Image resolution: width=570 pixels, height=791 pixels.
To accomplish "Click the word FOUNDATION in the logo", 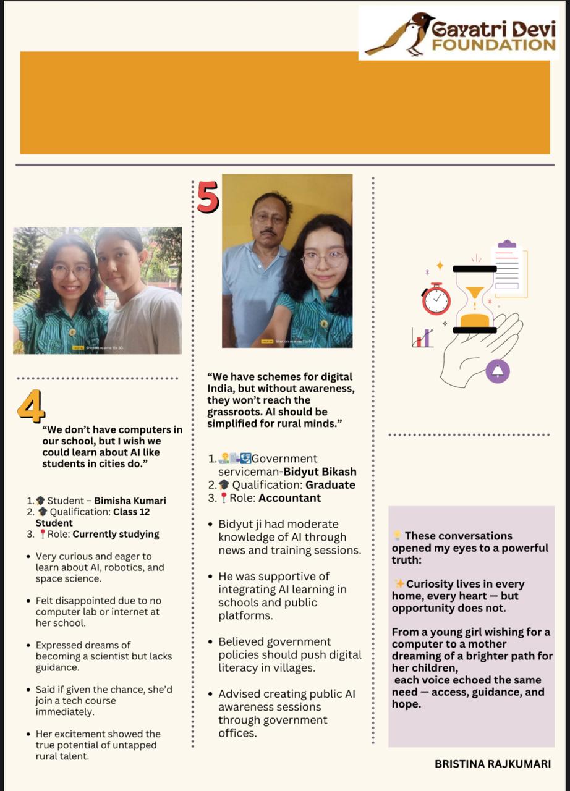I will coord(493,44).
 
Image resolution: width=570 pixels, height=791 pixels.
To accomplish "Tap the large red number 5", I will coord(208,197).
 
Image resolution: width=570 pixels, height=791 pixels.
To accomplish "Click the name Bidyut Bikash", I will coord(320,472).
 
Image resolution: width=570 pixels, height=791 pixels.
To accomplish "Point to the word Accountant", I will coord(291,497).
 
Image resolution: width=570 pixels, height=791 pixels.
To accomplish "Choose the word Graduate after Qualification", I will coord(330,484).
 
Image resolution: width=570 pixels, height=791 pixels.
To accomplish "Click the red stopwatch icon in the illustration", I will coord(436,299).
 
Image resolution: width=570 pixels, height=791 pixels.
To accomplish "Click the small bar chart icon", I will coord(422,337).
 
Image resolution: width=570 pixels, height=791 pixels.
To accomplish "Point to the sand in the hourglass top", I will coord(475,292).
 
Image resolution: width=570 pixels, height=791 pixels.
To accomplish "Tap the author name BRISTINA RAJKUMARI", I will coord(492,764).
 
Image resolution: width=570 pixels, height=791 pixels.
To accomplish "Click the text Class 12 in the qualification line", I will coord(131,512).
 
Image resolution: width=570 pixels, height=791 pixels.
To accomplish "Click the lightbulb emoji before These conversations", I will coord(398,536).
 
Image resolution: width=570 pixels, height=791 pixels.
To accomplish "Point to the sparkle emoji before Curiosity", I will coord(399,584).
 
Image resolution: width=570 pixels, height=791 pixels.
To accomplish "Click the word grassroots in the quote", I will coord(234,412).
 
